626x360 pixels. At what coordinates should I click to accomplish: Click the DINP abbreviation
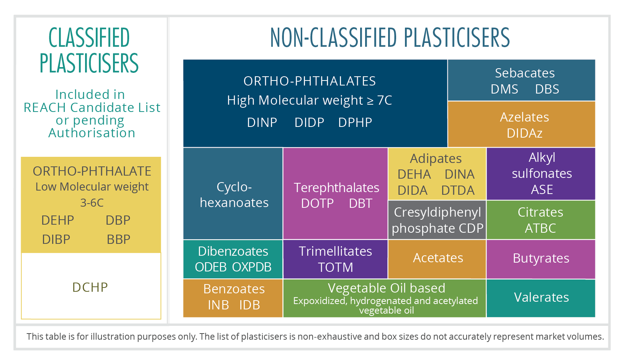(262, 123)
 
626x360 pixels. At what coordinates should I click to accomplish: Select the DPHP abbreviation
(355, 123)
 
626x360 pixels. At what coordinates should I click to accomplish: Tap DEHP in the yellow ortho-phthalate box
(57, 220)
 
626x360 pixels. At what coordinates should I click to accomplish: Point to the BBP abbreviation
(118, 240)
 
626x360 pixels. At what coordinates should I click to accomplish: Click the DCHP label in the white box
(90, 287)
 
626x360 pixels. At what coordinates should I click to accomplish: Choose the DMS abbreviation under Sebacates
(505, 89)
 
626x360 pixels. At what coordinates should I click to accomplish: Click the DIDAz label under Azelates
(524, 133)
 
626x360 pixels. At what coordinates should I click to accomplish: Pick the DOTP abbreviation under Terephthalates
(317, 203)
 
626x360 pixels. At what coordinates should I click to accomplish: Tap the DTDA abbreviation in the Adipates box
(458, 191)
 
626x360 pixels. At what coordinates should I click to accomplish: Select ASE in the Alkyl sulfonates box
(542, 190)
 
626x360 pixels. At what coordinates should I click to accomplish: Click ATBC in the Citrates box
(540, 228)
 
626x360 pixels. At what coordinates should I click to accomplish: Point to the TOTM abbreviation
(335, 268)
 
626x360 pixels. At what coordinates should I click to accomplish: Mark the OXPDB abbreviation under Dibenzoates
(252, 267)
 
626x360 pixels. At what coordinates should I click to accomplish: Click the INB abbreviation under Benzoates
(218, 305)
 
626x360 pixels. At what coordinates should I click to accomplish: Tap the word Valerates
(541, 298)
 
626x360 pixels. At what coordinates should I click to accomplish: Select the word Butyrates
(541, 258)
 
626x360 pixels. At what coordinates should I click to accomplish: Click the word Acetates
(438, 258)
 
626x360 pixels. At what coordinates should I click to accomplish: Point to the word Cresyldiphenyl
(438, 212)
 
